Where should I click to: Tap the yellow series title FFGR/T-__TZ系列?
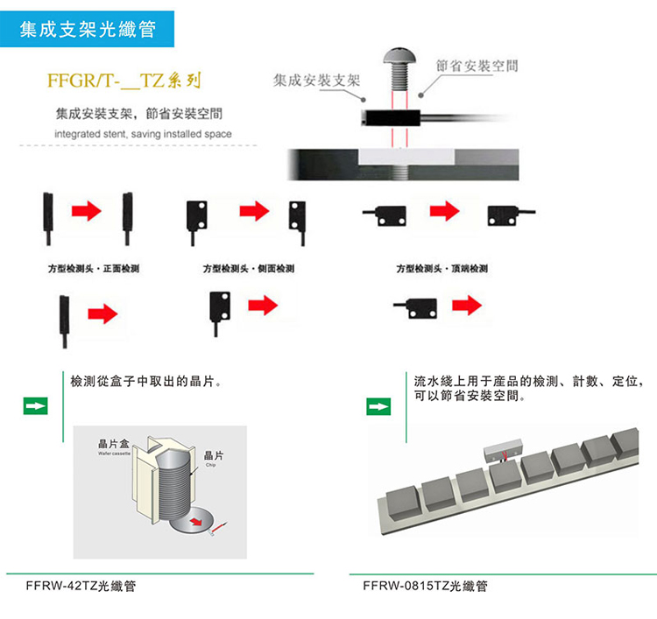(124, 83)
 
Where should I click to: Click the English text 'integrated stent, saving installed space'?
(143, 135)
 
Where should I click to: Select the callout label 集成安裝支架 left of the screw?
(316, 81)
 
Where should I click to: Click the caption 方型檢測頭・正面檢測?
(94, 268)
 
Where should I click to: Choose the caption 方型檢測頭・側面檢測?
(249, 268)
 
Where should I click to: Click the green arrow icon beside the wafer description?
(35, 406)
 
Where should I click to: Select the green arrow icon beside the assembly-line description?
(378, 406)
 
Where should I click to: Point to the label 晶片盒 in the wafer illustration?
(114, 445)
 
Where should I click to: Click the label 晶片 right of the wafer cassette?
(213, 455)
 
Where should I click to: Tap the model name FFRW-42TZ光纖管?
(81, 586)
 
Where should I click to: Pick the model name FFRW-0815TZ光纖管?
(424, 586)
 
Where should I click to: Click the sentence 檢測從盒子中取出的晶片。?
(145, 383)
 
